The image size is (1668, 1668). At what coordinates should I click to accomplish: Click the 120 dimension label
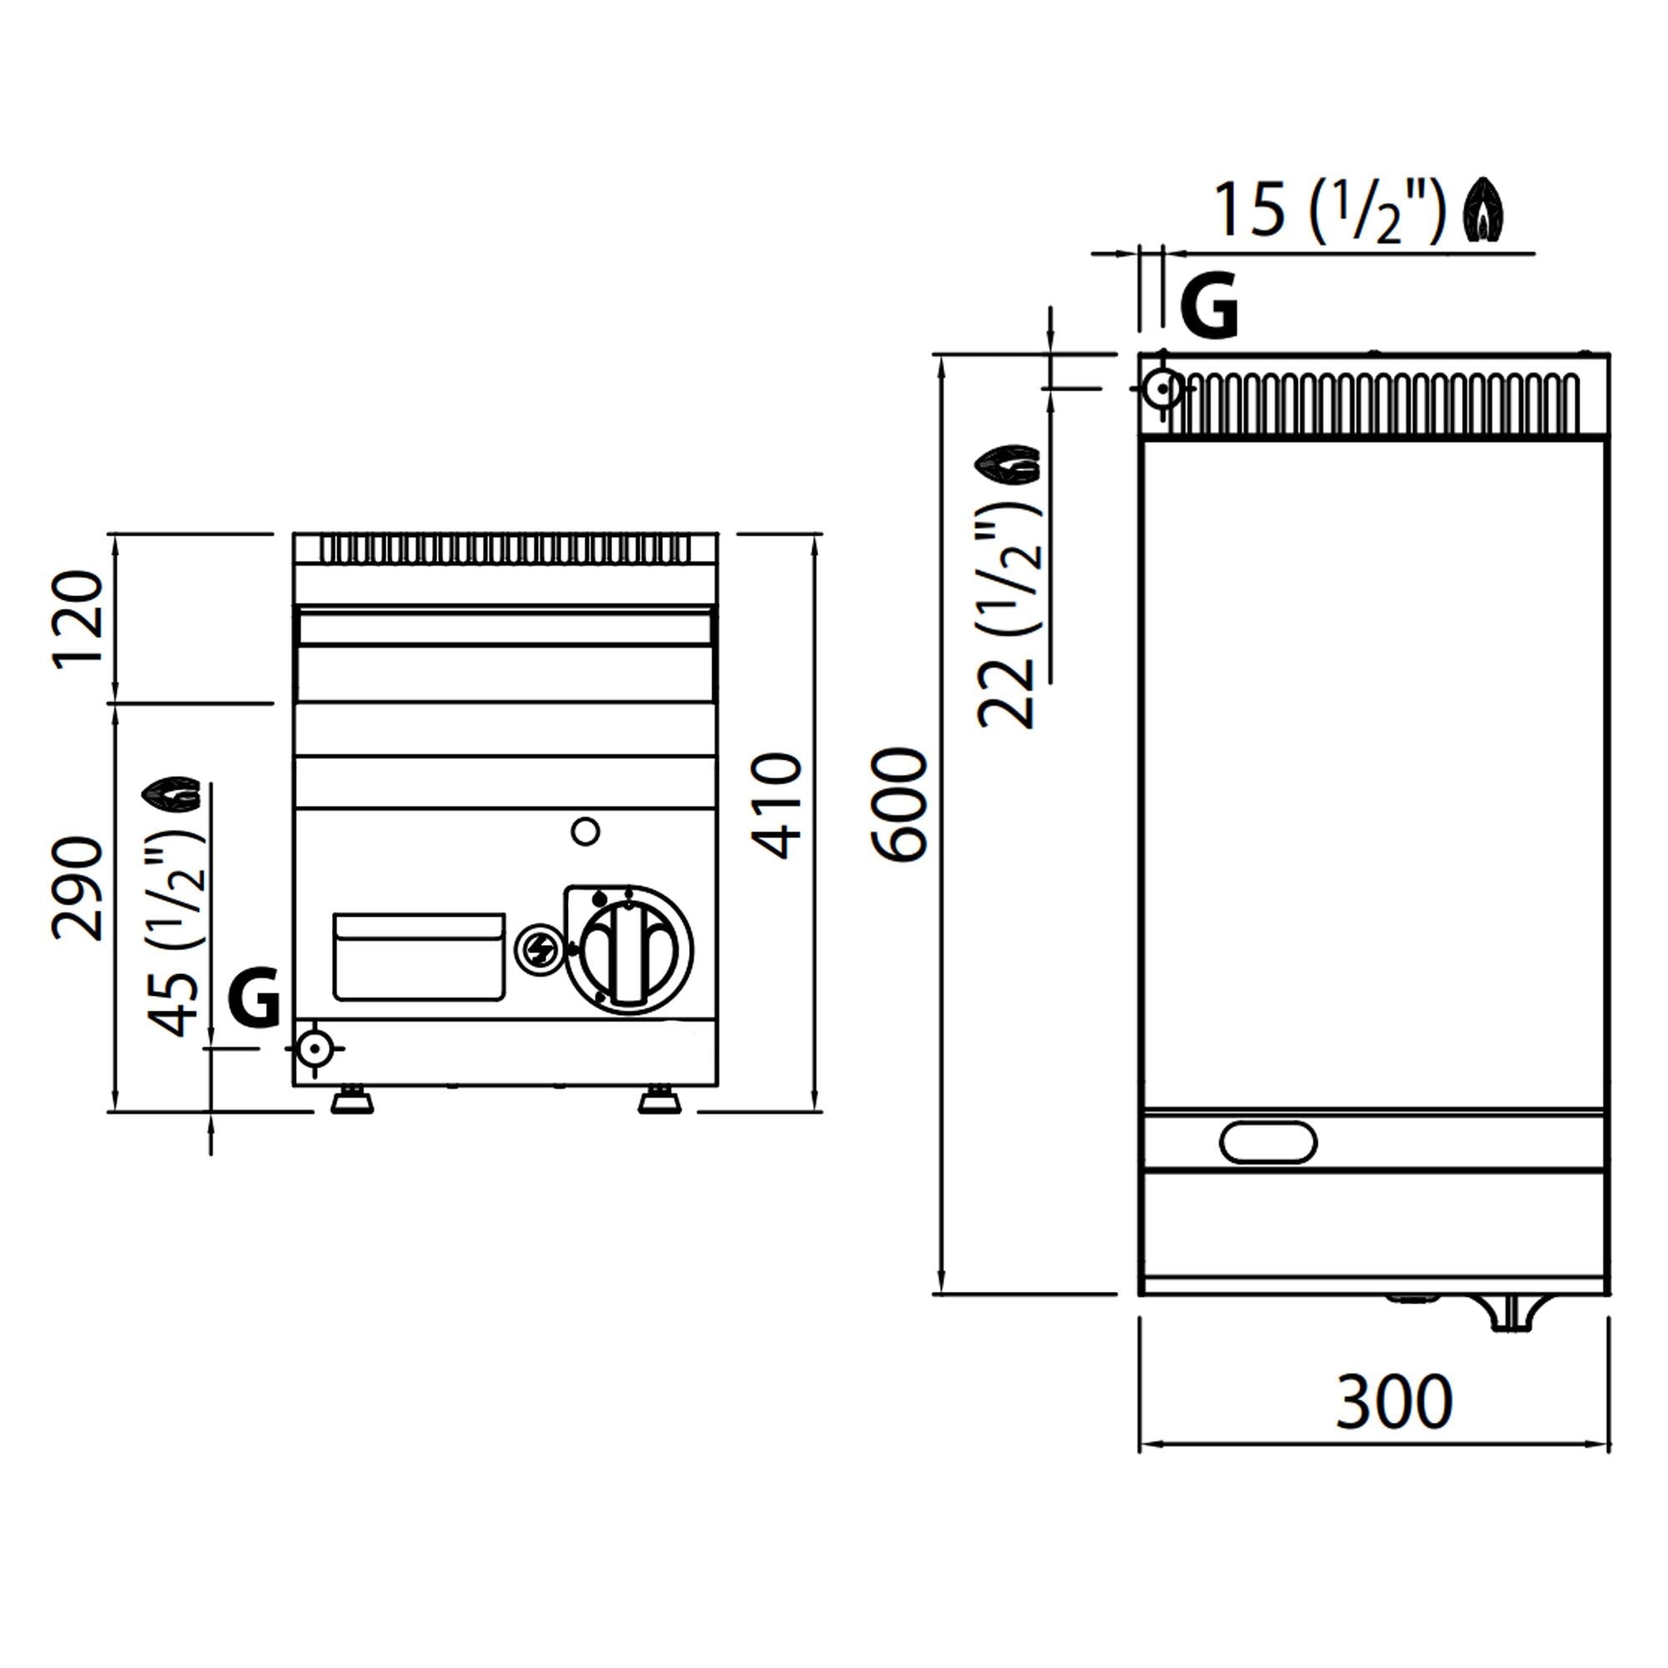click(x=78, y=619)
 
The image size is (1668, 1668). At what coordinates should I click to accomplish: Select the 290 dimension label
click(x=78, y=888)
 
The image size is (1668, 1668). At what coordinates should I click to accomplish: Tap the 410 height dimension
click(x=780, y=806)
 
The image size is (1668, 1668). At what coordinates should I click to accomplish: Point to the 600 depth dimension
click(x=900, y=805)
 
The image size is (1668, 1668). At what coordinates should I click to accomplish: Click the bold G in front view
click(x=254, y=997)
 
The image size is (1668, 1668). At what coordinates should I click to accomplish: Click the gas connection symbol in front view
click(x=314, y=1048)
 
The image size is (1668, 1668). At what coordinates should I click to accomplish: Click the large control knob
click(x=629, y=950)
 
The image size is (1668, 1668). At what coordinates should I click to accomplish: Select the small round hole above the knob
click(x=585, y=831)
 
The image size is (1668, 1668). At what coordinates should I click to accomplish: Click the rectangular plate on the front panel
click(x=419, y=957)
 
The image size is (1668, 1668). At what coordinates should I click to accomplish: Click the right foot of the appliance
click(x=659, y=1101)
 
